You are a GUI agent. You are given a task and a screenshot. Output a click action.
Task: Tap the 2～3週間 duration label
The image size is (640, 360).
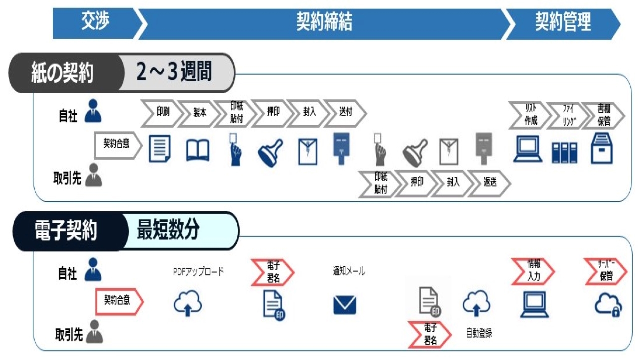pyautogui.click(x=174, y=72)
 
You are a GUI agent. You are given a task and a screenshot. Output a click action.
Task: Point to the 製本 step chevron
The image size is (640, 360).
pyautogui.click(x=199, y=113)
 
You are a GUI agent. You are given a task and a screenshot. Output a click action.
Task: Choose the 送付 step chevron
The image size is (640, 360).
pyautogui.click(x=345, y=113)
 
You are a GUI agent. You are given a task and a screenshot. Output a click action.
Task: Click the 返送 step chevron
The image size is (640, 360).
pyautogui.click(x=489, y=183)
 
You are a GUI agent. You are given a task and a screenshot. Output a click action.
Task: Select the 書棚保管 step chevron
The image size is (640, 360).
pyautogui.click(x=603, y=115)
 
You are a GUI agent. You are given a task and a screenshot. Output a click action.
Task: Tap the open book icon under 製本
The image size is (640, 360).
pyautogui.click(x=197, y=150)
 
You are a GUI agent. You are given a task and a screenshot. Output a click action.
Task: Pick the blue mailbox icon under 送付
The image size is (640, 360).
pyautogui.click(x=341, y=148)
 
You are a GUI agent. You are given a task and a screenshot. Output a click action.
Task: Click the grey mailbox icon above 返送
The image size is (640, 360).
pyautogui.click(x=484, y=148)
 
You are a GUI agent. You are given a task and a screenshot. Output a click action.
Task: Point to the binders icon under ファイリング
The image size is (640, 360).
pyautogui.click(x=564, y=153)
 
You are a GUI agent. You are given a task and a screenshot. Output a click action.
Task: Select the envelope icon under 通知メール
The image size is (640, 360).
pyautogui.click(x=345, y=305)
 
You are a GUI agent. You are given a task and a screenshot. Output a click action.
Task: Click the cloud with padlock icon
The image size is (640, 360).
pyautogui.click(x=608, y=305)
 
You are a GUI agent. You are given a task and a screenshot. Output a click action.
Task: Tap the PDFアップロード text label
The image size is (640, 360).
pyautogui.click(x=198, y=271)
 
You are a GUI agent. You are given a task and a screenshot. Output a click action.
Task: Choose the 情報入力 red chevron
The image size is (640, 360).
pyautogui.click(x=533, y=271)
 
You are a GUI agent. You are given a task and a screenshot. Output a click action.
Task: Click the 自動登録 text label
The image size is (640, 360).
pyautogui.click(x=479, y=333)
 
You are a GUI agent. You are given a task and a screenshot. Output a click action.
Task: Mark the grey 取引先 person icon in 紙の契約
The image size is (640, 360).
pyautogui.click(x=93, y=175)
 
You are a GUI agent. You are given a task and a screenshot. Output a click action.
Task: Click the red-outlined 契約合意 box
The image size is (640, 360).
pyautogui.click(x=119, y=301)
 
